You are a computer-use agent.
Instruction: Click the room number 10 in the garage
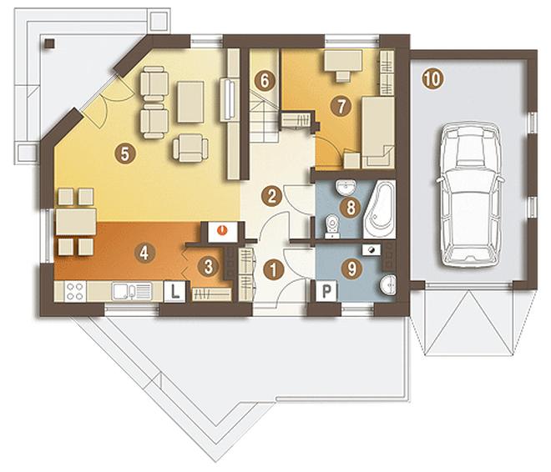(x=433, y=79)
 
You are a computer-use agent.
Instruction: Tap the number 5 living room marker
(x=124, y=153)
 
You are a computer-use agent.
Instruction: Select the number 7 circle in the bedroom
(x=341, y=106)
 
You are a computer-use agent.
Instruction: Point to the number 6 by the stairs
(x=265, y=81)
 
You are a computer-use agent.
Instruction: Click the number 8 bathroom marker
(x=351, y=207)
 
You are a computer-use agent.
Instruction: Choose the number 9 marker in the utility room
(x=351, y=269)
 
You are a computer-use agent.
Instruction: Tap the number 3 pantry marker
(x=208, y=267)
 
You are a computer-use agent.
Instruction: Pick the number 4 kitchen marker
(x=144, y=253)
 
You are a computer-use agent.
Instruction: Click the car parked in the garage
(x=470, y=195)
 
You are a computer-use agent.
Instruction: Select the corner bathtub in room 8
(x=380, y=209)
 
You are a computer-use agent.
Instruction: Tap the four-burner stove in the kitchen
(x=75, y=291)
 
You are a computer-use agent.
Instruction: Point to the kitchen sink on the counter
(x=132, y=291)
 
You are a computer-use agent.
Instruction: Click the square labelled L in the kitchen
(x=174, y=291)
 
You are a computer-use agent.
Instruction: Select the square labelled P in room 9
(x=326, y=291)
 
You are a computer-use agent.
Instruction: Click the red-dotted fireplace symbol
(x=222, y=232)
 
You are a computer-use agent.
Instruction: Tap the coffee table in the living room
(x=190, y=102)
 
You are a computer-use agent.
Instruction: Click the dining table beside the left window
(x=76, y=222)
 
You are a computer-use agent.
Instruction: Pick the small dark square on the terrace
(x=50, y=43)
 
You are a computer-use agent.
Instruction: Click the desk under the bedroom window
(x=343, y=61)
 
